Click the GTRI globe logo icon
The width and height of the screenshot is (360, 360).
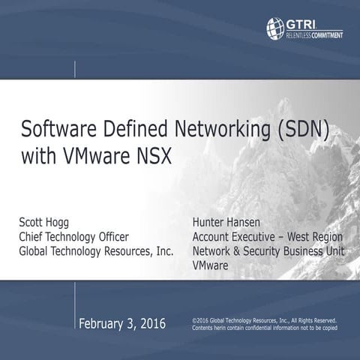pyautogui.click(x=274, y=27)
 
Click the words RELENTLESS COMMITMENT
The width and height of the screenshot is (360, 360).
pyautogui.click(x=314, y=34)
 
